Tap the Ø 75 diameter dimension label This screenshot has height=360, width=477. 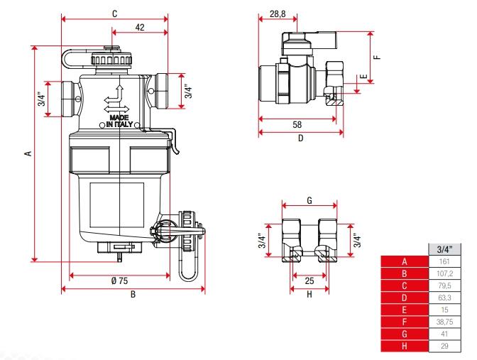pos(119,280)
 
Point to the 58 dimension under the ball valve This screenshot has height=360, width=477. pos(297,124)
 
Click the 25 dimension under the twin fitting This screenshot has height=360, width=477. pos(309,281)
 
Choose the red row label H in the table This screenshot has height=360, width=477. pos(403,346)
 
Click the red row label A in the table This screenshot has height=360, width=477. pos(403,261)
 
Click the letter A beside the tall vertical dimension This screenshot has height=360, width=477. pos(28,153)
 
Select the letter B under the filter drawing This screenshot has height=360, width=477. pos(133,295)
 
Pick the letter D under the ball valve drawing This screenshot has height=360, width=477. pos(300,138)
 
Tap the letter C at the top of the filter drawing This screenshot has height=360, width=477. pos(114,13)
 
